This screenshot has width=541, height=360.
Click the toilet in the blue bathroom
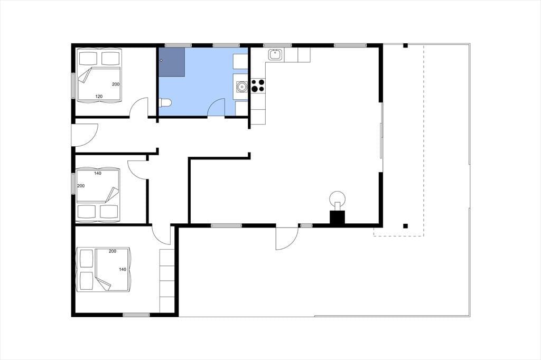click(165, 102)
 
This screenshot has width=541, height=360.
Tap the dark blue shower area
click(172, 62)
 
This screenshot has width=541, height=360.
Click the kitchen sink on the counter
click(275, 54)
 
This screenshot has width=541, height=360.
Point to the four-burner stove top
click(258, 86)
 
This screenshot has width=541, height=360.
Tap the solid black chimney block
click(338, 217)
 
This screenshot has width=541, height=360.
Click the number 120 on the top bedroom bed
click(99, 97)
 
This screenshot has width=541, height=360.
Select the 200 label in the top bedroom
click(116, 84)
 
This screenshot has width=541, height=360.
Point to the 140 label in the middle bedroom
click(98, 174)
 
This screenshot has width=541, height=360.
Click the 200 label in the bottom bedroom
click(113, 251)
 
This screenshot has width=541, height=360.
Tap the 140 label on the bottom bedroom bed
click(123, 270)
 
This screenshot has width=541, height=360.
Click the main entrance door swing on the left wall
click(85, 135)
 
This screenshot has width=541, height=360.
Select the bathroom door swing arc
click(216, 107)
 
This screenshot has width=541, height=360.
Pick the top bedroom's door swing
click(139, 107)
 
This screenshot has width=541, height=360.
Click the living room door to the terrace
click(287, 238)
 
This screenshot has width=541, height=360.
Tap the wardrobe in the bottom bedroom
click(167, 281)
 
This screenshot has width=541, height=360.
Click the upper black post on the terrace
click(406, 45)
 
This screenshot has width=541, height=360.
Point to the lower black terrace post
click(406, 226)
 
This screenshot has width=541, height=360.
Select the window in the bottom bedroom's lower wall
click(136, 315)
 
